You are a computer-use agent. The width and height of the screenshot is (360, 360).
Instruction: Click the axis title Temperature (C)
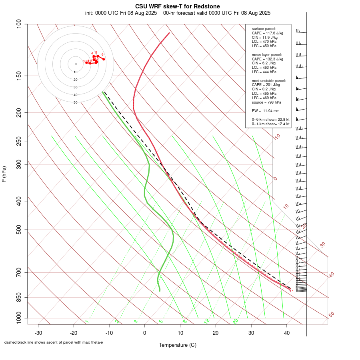[178, 345]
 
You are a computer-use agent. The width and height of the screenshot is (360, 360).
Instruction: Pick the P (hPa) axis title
[4, 174]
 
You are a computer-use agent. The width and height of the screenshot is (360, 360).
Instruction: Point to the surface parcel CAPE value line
[267, 33]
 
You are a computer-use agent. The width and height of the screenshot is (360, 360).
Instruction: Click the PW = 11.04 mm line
[266, 111]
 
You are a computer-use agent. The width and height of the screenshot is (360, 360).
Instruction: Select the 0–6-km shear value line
[270, 120]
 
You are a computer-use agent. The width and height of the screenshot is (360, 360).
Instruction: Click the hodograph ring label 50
[75, 102]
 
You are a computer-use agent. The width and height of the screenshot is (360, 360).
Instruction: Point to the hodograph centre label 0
[75, 64]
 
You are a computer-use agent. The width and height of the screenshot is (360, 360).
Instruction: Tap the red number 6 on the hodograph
[102, 54]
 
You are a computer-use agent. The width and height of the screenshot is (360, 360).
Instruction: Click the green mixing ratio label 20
[236, 321]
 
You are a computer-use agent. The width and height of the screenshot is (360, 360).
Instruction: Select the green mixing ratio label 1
[87, 321]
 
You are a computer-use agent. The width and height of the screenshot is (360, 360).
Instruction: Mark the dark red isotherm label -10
[277, 137]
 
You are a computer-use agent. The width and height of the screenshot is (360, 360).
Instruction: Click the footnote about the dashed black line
[54, 342]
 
